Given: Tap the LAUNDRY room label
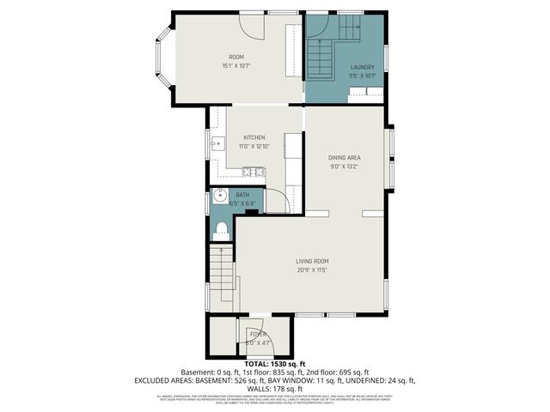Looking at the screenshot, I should (x=362, y=67).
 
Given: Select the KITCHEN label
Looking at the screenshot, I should (x=254, y=138).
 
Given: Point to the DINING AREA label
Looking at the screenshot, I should (x=344, y=158).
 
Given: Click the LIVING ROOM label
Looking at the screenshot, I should (x=313, y=262).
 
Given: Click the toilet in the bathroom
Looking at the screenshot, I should (x=221, y=229).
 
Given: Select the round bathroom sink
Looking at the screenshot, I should (x=219, y=197).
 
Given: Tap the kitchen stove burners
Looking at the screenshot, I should (x=261, y=173).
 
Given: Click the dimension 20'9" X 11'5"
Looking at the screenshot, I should (x=313, y=270).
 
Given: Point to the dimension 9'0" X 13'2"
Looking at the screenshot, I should (x=344, y=167).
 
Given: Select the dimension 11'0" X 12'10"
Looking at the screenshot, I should (x=254, y=147).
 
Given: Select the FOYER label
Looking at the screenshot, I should (x=258, y=334).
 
